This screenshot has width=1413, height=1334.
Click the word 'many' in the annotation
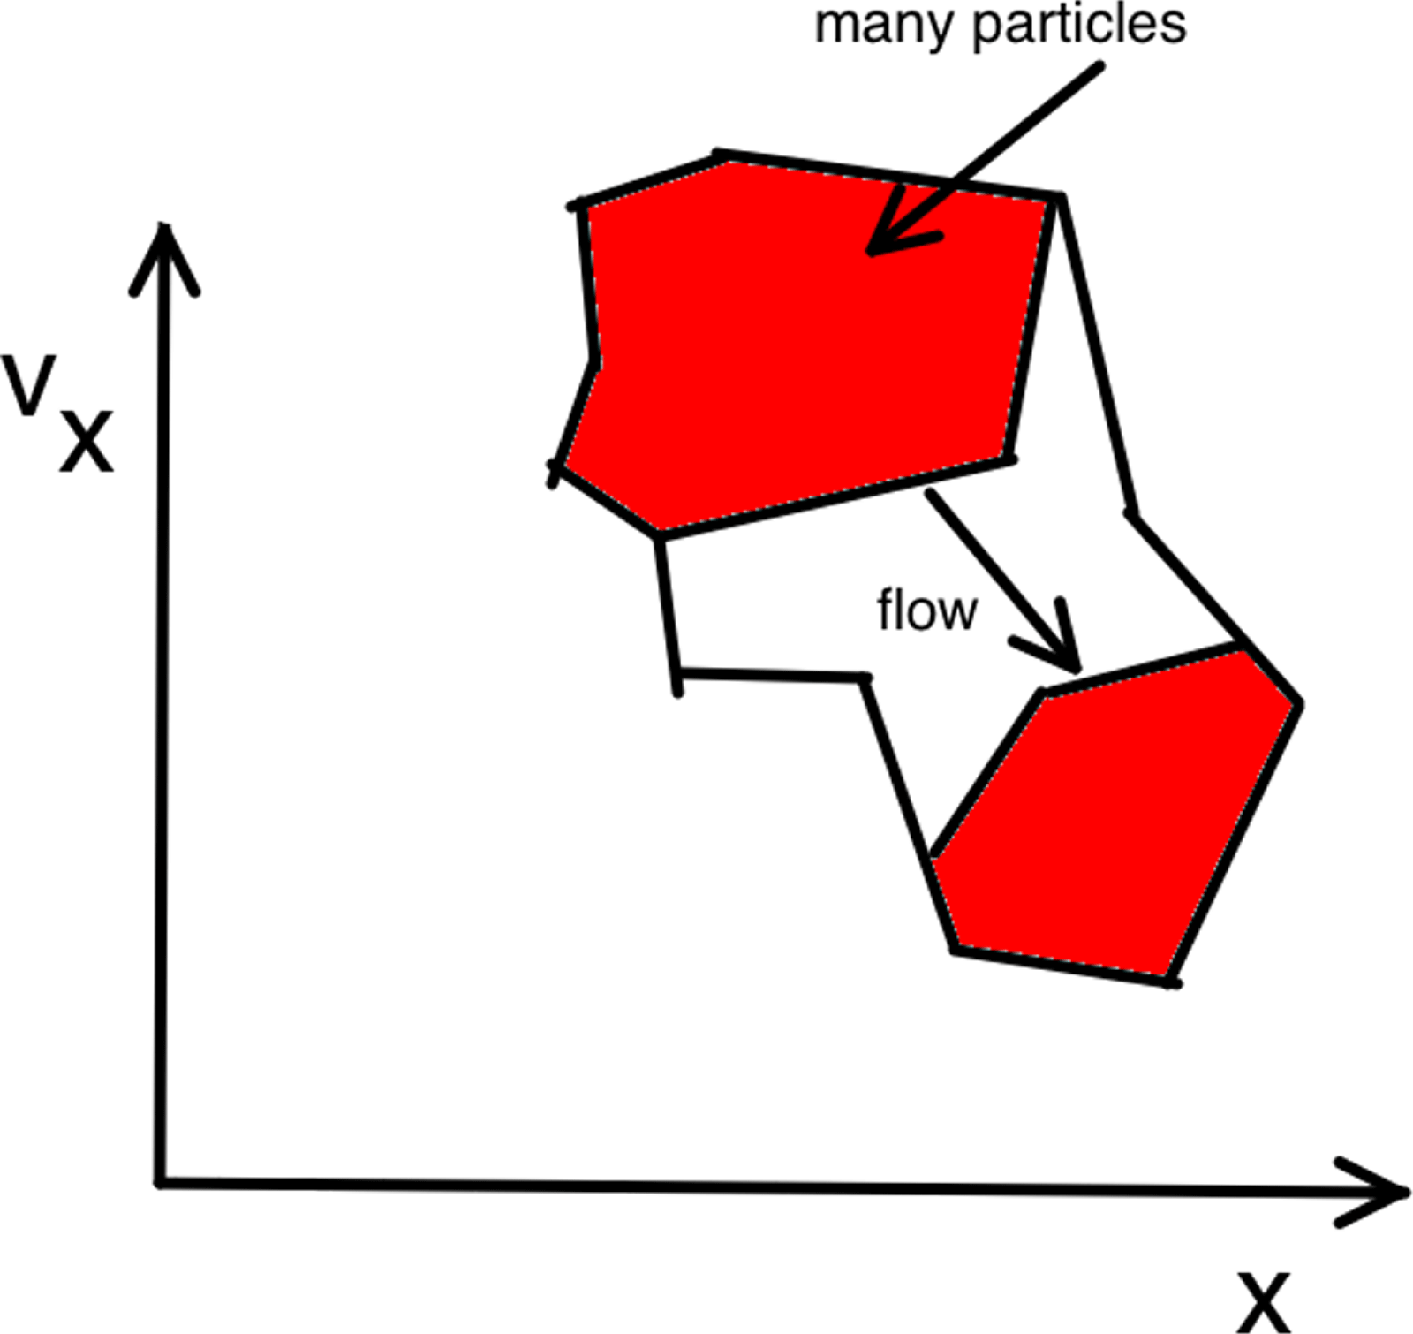[x=886, y=27]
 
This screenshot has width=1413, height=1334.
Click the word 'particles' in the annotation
[x=1078, y=27]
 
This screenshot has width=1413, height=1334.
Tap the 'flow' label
[x=926, y=610]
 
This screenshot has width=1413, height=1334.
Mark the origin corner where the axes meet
[x=162, y=1181]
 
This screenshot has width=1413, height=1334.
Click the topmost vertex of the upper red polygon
[x=720, y=155]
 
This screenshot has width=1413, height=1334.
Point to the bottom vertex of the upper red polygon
[x=659, y=534]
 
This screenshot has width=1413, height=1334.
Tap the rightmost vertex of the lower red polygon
[x=1298, y=704]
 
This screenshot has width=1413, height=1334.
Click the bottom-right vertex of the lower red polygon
[x=1172, y=981]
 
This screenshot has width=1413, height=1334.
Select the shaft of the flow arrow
[x=989, y=565]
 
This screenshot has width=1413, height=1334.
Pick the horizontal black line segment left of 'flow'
[x=773, y=677]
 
